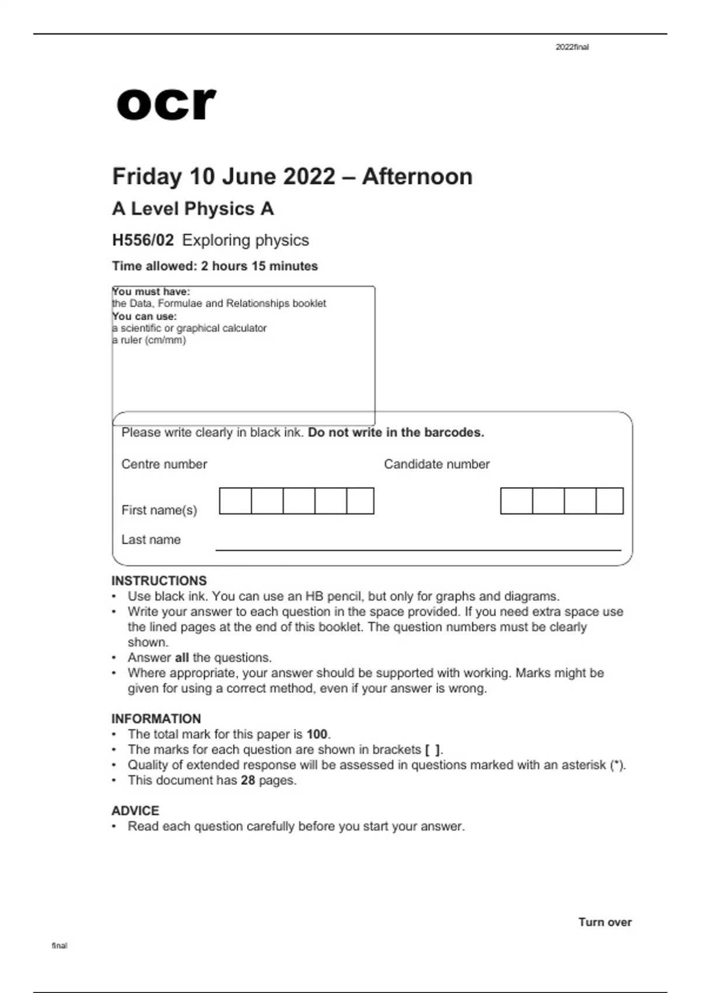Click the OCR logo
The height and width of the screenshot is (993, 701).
pos(166,105)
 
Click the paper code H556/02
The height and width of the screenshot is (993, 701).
pos(143,240)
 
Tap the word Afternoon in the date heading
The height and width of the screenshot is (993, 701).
pos(417,176)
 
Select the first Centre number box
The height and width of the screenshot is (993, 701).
pos(235,501)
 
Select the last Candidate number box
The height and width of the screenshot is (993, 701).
pos(610,501)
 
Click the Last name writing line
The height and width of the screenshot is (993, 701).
pos(418,549)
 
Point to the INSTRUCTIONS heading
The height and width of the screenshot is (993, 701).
pos(159,581)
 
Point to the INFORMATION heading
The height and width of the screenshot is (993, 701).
pos(156,718)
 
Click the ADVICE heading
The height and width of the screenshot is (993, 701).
pos(135,811)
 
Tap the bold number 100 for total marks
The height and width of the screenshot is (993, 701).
pos(317,734)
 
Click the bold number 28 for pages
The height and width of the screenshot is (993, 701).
pos(248,780)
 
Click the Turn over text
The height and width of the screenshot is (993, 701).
pos(605,922)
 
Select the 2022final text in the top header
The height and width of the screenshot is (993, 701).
pos(572,47)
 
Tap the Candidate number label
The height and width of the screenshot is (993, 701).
pos(436,464)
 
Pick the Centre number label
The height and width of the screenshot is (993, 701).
pos(164,464)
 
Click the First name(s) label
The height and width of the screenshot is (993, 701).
pos(159,510)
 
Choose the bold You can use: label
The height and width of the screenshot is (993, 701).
pos(145,316)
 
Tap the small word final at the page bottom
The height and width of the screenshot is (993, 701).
pos(60,946)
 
